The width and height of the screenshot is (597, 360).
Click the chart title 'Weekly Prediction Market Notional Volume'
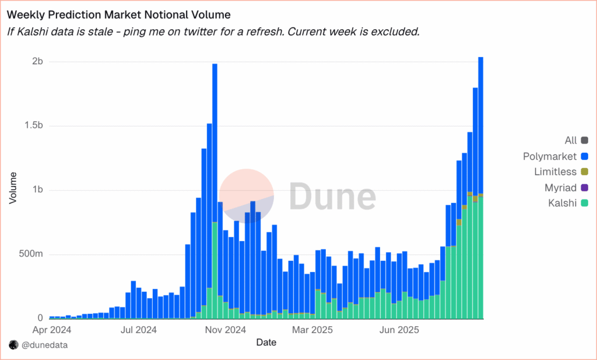(118, 13)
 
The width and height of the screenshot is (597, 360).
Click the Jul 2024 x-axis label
(139, 330)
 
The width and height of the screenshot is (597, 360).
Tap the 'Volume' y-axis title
(13, 188)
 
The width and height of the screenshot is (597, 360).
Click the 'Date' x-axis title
(266, 342)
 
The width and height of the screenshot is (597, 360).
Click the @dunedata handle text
(44, 345)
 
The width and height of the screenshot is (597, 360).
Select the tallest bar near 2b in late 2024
(215, 175)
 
